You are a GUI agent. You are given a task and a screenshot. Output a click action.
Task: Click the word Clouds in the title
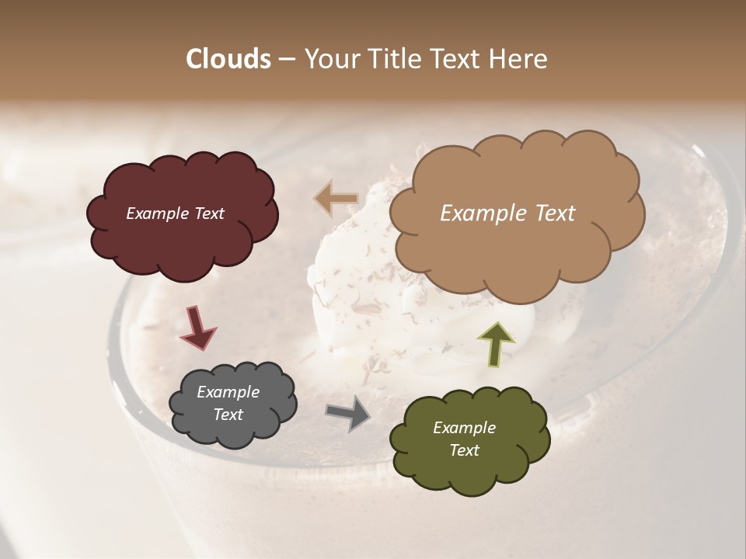pyautogui.click(x=228, y=59)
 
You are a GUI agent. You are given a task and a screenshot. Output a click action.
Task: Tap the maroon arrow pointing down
pyautogui.click(x=197, y=327)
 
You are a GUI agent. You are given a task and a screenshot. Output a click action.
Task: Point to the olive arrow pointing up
pyautogui.click(x=495, y=344)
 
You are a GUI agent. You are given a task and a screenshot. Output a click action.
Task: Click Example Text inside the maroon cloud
pyautogui.click(x=175, y=214)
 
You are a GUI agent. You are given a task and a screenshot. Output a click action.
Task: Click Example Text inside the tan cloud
pyautogui.click(x=507, y=214)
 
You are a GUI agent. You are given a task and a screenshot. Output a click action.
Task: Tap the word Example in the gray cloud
pyautogui.click(x=228, y=392)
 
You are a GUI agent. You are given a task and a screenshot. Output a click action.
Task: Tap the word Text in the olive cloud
pyautogui.click(x=464, y=450)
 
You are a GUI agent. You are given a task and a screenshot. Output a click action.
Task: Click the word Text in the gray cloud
pyautogui.click(x=228, y=415)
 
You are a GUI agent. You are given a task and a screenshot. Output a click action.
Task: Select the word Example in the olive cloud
pyautogui.click(x=464, y=428)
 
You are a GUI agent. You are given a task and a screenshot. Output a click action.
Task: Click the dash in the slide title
pyautogui.click(x=287, y=60)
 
